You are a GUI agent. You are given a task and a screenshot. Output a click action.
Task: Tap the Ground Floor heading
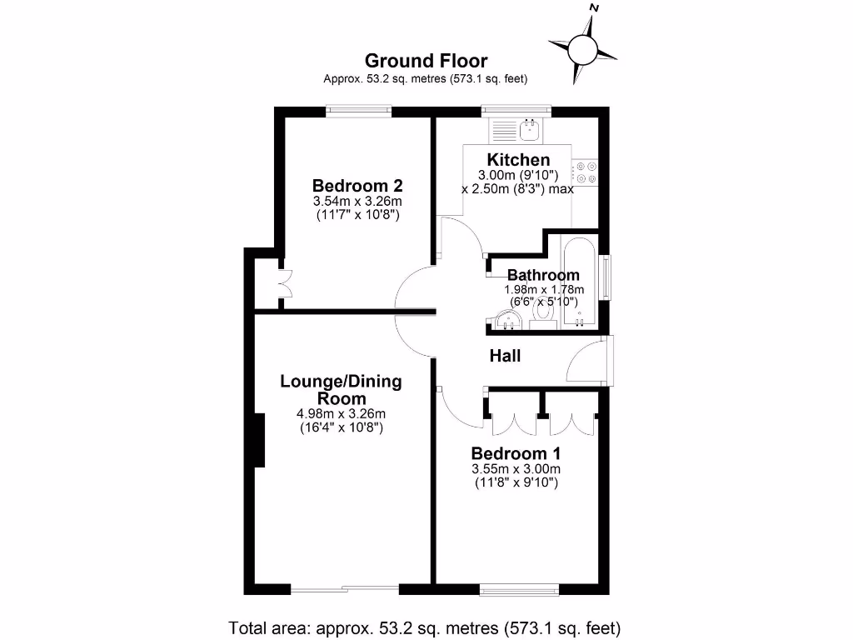coord(426,61)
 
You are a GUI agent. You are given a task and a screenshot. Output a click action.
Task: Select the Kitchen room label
coord(518,160)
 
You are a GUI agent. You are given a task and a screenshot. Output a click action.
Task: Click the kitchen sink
coord(528,130)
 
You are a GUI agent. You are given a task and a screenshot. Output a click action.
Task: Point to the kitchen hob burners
coord(586,172)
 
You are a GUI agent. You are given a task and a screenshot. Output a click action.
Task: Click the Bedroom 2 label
coord(357,185)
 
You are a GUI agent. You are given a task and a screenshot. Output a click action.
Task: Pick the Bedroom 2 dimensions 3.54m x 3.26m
coord(357,202)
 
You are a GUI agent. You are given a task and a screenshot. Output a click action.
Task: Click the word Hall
coord(505,357)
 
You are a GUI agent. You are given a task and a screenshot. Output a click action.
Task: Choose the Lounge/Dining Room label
coord(341,390)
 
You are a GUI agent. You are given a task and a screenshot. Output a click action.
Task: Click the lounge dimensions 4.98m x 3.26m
coord(341,414)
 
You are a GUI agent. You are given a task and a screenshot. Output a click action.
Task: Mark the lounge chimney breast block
coord(259,440)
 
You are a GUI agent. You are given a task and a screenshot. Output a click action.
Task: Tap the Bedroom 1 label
coord(516,454)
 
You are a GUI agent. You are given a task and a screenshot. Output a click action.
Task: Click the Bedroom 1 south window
coord(519,590)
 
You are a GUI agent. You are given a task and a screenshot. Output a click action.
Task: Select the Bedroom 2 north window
coord(358,110)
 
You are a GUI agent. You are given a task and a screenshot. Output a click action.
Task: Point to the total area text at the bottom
coord(426,627)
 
